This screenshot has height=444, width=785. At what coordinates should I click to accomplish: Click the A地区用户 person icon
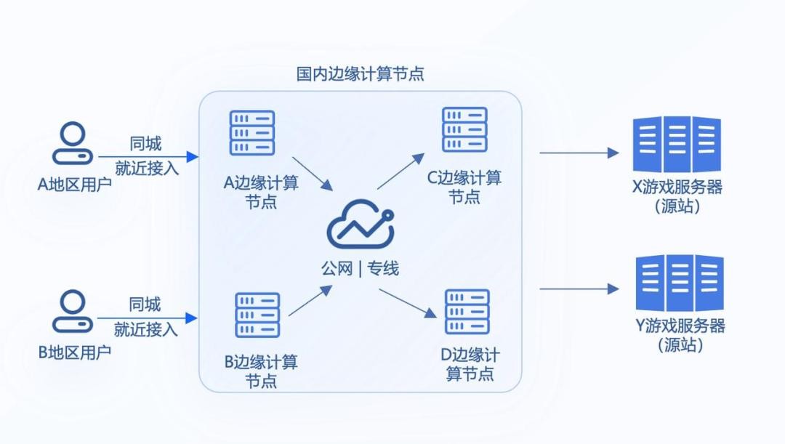tap(73, 143)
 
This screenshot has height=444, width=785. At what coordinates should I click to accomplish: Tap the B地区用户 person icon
tap(73, 311)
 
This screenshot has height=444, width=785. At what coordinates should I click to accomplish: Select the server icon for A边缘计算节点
tap(252, 132)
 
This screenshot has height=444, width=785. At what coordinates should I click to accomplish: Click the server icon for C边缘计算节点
tap(465, 129)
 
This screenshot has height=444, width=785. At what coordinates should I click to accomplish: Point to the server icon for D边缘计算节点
tap(467, 311)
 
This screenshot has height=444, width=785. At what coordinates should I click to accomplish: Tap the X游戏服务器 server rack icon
tap(677, 145)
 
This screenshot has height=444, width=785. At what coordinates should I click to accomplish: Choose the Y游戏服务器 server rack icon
tap(680, 283)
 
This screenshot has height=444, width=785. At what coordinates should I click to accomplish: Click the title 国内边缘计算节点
tap(361, 73)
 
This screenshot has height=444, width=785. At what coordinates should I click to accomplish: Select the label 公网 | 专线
tap(361, 268)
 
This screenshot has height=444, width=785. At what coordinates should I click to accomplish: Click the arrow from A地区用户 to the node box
tap(148, 156)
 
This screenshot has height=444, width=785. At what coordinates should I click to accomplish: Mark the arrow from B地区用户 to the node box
tap(148, 318)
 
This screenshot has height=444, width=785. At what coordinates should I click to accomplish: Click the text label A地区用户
tap(74, 184)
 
